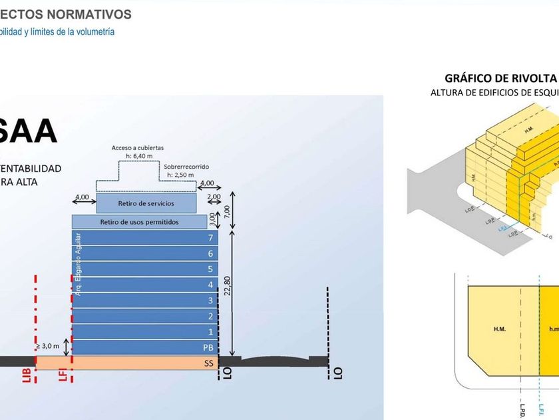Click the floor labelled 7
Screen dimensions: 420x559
[210, 238]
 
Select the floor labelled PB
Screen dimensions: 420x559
[208, 347]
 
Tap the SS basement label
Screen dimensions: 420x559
[208, 363]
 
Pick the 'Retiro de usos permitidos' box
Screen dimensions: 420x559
[140, 221]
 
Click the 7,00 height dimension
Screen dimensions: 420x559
[227, 211]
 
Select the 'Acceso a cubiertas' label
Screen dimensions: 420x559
[137, 147]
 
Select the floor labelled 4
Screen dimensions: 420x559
[210, 285]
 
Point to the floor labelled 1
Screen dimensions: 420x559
[210, 331]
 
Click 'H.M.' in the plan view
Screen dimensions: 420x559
[500, 328]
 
